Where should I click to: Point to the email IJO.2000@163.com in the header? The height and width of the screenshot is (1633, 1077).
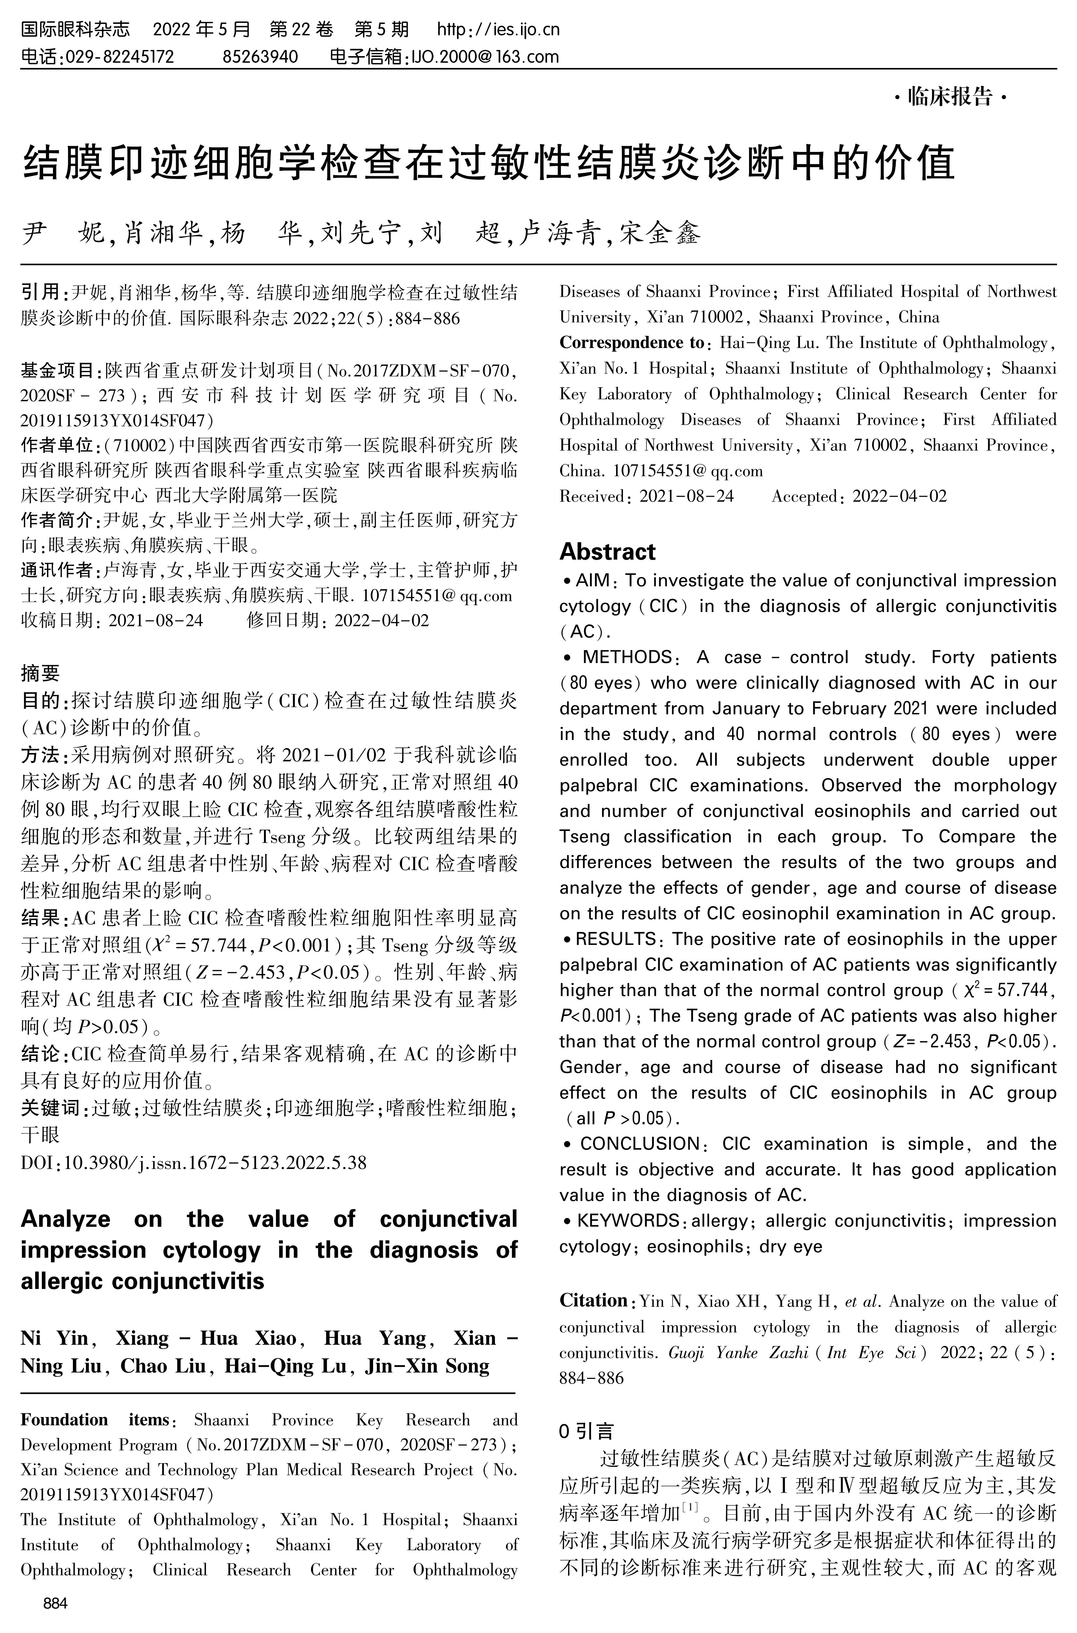pos(484,56)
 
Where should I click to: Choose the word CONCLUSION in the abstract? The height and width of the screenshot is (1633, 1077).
pos(639,1144)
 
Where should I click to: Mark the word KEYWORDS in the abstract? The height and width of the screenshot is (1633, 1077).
pos(628,1221)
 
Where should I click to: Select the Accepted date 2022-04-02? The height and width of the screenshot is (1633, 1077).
pos(899,496)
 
